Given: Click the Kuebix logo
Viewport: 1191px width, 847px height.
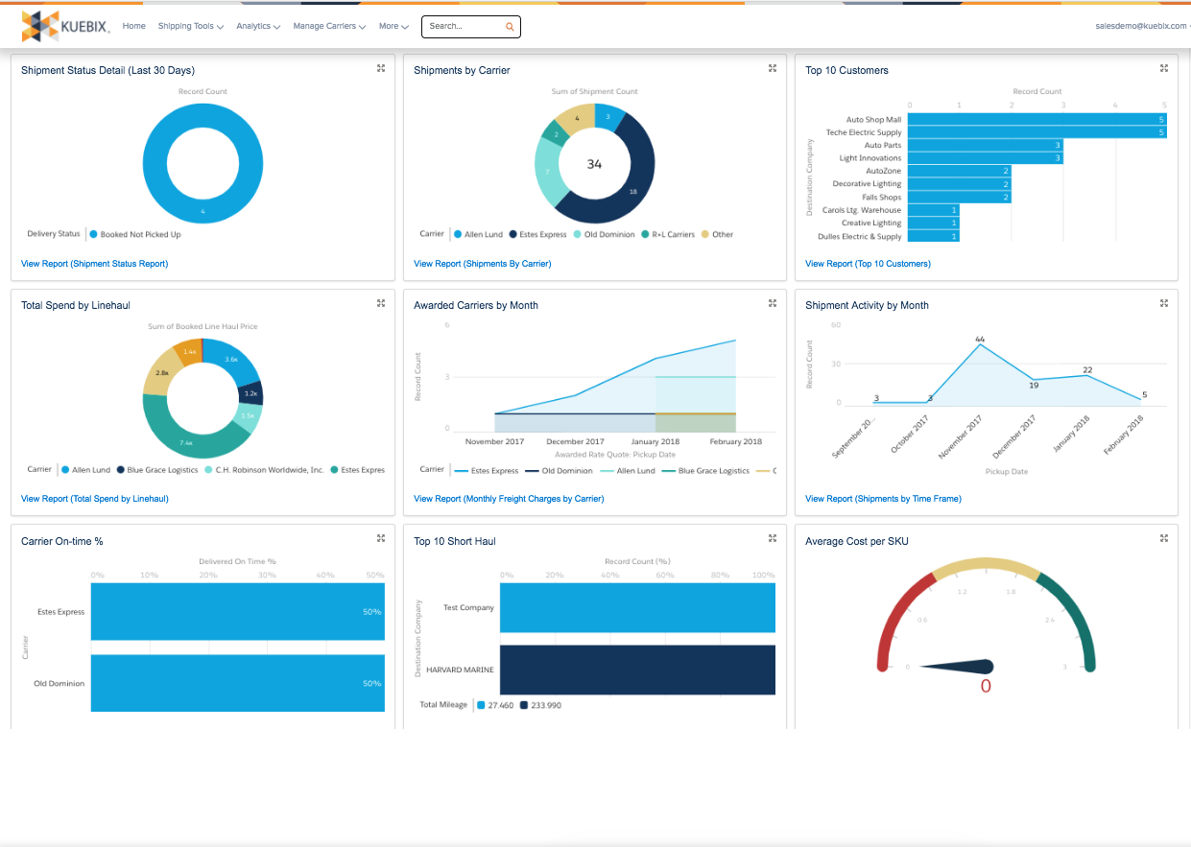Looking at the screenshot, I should pyautogui.click(x=65, y=26).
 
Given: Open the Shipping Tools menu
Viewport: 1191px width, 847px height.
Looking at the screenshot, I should pyautogui.click(x=190, y=27).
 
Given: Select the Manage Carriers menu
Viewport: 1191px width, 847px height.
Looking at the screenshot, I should pyautogui.click(x=328, y=27).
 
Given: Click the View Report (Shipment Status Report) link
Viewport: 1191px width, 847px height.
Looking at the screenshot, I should pyautogui.click(x=94, y=264).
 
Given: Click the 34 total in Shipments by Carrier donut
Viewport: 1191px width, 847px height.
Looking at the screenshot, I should pyautogui.click(x=594, y=164).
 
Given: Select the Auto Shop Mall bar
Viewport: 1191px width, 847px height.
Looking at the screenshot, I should pyautogui.click(x=1036, y=120).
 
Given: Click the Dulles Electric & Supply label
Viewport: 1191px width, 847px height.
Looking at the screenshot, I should pyautogui.click(x=859, y=236).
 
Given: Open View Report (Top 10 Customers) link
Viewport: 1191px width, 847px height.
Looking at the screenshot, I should pyautogui.click(x=868, y=264).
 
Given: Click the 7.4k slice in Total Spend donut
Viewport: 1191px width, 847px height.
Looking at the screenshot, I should pyautogui.click(x=186, y=442).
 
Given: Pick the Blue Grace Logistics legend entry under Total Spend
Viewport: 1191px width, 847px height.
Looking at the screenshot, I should pyautogui.click(x=158, y=470).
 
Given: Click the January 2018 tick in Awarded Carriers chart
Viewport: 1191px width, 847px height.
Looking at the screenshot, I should pyautogui.click(x=655, y=442).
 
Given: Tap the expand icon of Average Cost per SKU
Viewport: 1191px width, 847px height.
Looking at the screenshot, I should pyautogui.click(x=1164, y=538).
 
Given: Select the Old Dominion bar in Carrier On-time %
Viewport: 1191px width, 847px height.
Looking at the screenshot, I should pyautogui.click(x=237, y=683).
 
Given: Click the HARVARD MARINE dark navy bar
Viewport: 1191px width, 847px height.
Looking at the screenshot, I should pyautogui.click(x=637, y=670).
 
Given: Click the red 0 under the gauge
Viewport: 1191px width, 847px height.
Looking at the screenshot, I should pyautogui.click(x=986, y=687).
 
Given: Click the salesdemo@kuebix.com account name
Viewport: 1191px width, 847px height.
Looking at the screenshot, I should pyautogui.click(x=1140, y=27).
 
